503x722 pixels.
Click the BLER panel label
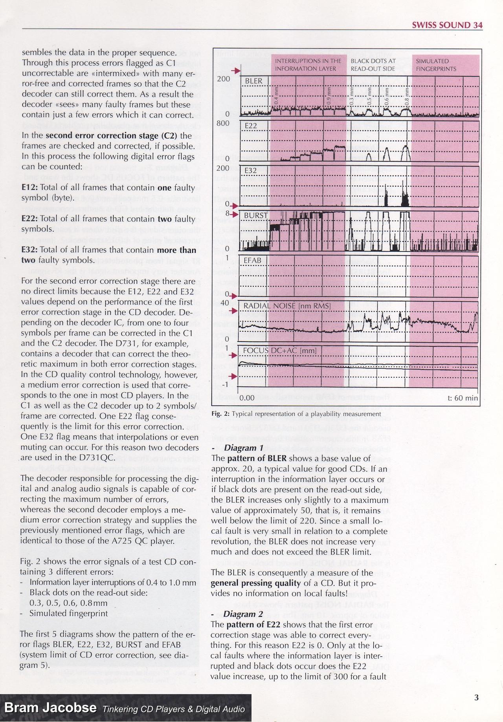(x=253, y=81)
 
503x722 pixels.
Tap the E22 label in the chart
(x=251, y=126)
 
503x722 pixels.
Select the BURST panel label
(x=256, y=216)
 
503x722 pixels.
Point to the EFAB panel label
(x=252, y=260)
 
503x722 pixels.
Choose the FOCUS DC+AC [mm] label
(x=274, y=351)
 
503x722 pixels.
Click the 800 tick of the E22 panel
(x=223, y=123)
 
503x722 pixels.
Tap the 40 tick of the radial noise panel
(x=225, y=303)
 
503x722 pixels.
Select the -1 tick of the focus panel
(x=226, y=384)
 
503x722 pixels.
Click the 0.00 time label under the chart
(x=247, y=398)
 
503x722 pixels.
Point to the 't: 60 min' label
(x=463, y=398)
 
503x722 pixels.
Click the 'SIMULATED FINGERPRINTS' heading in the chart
(x=436, y=65)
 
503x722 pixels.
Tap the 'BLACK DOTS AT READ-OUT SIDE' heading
(x=373, y=65)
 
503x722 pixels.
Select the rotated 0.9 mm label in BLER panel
(x=329, y=95)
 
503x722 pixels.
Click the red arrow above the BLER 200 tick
(x=235, y=71)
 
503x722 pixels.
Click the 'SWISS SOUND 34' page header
(x=447, y=25)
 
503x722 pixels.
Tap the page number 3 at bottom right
(x=476, y=697)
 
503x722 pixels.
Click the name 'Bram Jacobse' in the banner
(x=50, y=708)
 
